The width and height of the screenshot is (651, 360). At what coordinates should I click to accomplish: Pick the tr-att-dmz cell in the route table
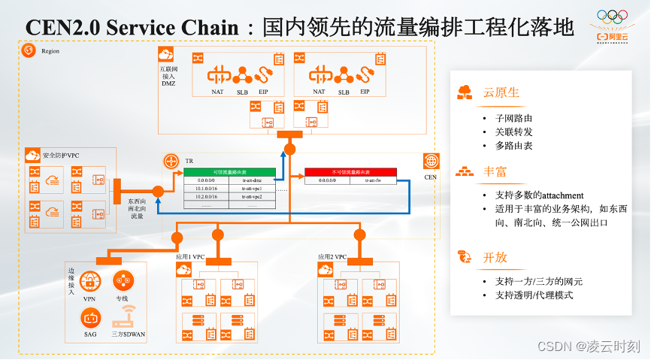pos(252,180)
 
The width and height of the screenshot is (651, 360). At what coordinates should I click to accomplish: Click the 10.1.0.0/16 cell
pos(204,188)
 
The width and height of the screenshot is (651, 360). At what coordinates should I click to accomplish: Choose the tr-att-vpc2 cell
pos(252,196)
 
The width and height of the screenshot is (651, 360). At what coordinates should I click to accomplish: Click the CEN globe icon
pos(431,162)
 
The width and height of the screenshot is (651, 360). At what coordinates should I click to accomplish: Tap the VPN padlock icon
pos(90,282)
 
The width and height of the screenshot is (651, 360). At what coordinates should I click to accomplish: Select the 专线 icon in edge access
pos(121,282)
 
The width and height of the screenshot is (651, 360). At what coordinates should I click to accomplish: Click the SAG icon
pos(90,316)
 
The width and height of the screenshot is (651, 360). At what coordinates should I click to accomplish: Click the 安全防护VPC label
pos(60,156)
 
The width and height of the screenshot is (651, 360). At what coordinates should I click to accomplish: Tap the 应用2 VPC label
pos(332,257)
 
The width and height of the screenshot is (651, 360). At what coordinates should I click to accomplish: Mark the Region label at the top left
pos(50,51)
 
